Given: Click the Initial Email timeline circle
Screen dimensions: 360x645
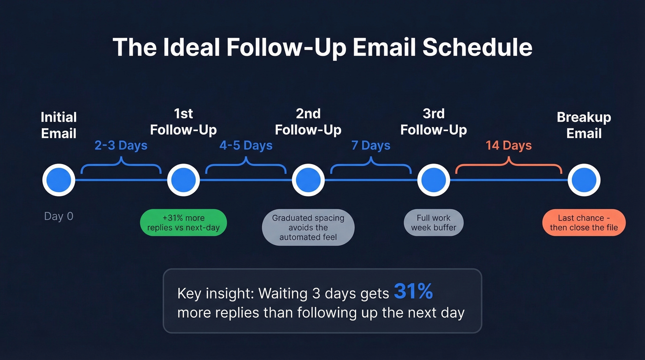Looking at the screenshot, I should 59,180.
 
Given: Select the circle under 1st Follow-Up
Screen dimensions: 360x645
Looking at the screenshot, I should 183,180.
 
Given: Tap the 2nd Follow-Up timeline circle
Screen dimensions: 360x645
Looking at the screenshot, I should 308,180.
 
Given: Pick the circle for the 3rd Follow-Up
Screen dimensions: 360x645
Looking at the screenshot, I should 434,180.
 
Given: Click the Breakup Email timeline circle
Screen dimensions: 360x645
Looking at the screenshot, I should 584,180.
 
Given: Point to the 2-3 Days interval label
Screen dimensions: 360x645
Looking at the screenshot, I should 121,146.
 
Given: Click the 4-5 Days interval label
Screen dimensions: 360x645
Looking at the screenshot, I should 246,146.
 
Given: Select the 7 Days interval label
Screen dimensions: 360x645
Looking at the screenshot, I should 370,146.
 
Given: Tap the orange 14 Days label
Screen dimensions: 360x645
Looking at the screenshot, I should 508,146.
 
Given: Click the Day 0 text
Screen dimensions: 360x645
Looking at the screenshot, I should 59,216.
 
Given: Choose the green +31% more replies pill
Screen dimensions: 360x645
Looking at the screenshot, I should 183,223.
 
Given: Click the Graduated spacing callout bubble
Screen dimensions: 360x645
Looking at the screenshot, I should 308,227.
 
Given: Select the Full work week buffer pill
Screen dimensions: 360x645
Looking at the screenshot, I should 434,223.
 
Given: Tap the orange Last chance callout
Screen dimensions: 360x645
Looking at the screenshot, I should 584,223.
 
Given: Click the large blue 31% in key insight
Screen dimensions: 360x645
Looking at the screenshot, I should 413,291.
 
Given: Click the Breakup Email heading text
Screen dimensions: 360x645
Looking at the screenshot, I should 584,125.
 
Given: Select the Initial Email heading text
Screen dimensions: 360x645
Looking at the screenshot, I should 59,125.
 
